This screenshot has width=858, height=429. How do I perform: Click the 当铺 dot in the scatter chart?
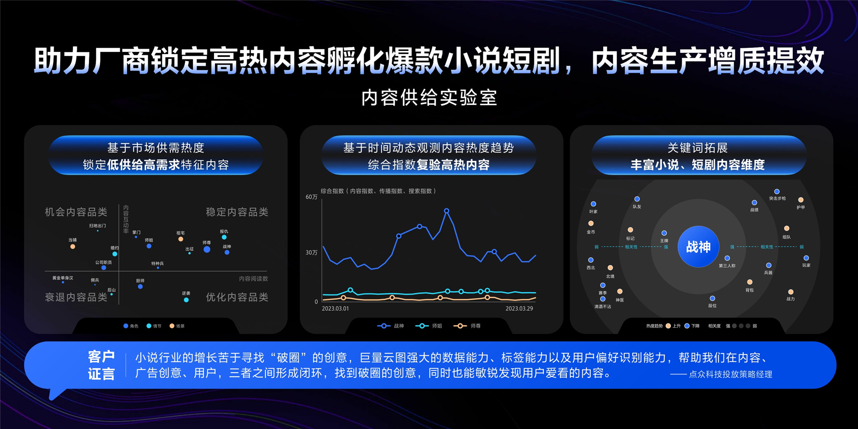click(72, 247)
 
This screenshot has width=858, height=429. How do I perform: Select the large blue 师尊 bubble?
click(207, 249)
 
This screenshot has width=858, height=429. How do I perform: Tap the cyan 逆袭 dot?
click(186, 300)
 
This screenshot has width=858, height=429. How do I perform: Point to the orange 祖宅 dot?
click(181, 239)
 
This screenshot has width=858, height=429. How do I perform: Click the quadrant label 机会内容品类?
click(76, 212)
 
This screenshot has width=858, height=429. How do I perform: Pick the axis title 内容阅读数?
click(253, 279)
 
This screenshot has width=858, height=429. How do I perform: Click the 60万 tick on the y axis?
click(311, 197)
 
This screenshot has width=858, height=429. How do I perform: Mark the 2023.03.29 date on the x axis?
click(519, 308)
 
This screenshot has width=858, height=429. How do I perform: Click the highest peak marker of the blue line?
click(446, 210)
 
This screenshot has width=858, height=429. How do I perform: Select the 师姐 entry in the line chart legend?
click(429, 326)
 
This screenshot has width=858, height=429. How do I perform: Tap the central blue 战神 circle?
click(698, 247)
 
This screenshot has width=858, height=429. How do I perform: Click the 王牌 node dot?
click(664, 233)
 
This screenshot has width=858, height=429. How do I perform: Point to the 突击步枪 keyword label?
click(777, 198)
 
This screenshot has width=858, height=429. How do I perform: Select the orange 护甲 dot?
click(801, 200)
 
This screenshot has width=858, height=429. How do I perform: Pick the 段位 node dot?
click(712, 299)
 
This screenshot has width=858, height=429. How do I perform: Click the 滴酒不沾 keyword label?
click(602, 307)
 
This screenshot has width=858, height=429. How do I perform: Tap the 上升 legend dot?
click(668, 326)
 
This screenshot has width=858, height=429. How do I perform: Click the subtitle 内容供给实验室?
click(429, 98)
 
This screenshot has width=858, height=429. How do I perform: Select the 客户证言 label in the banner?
click(101, 365)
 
